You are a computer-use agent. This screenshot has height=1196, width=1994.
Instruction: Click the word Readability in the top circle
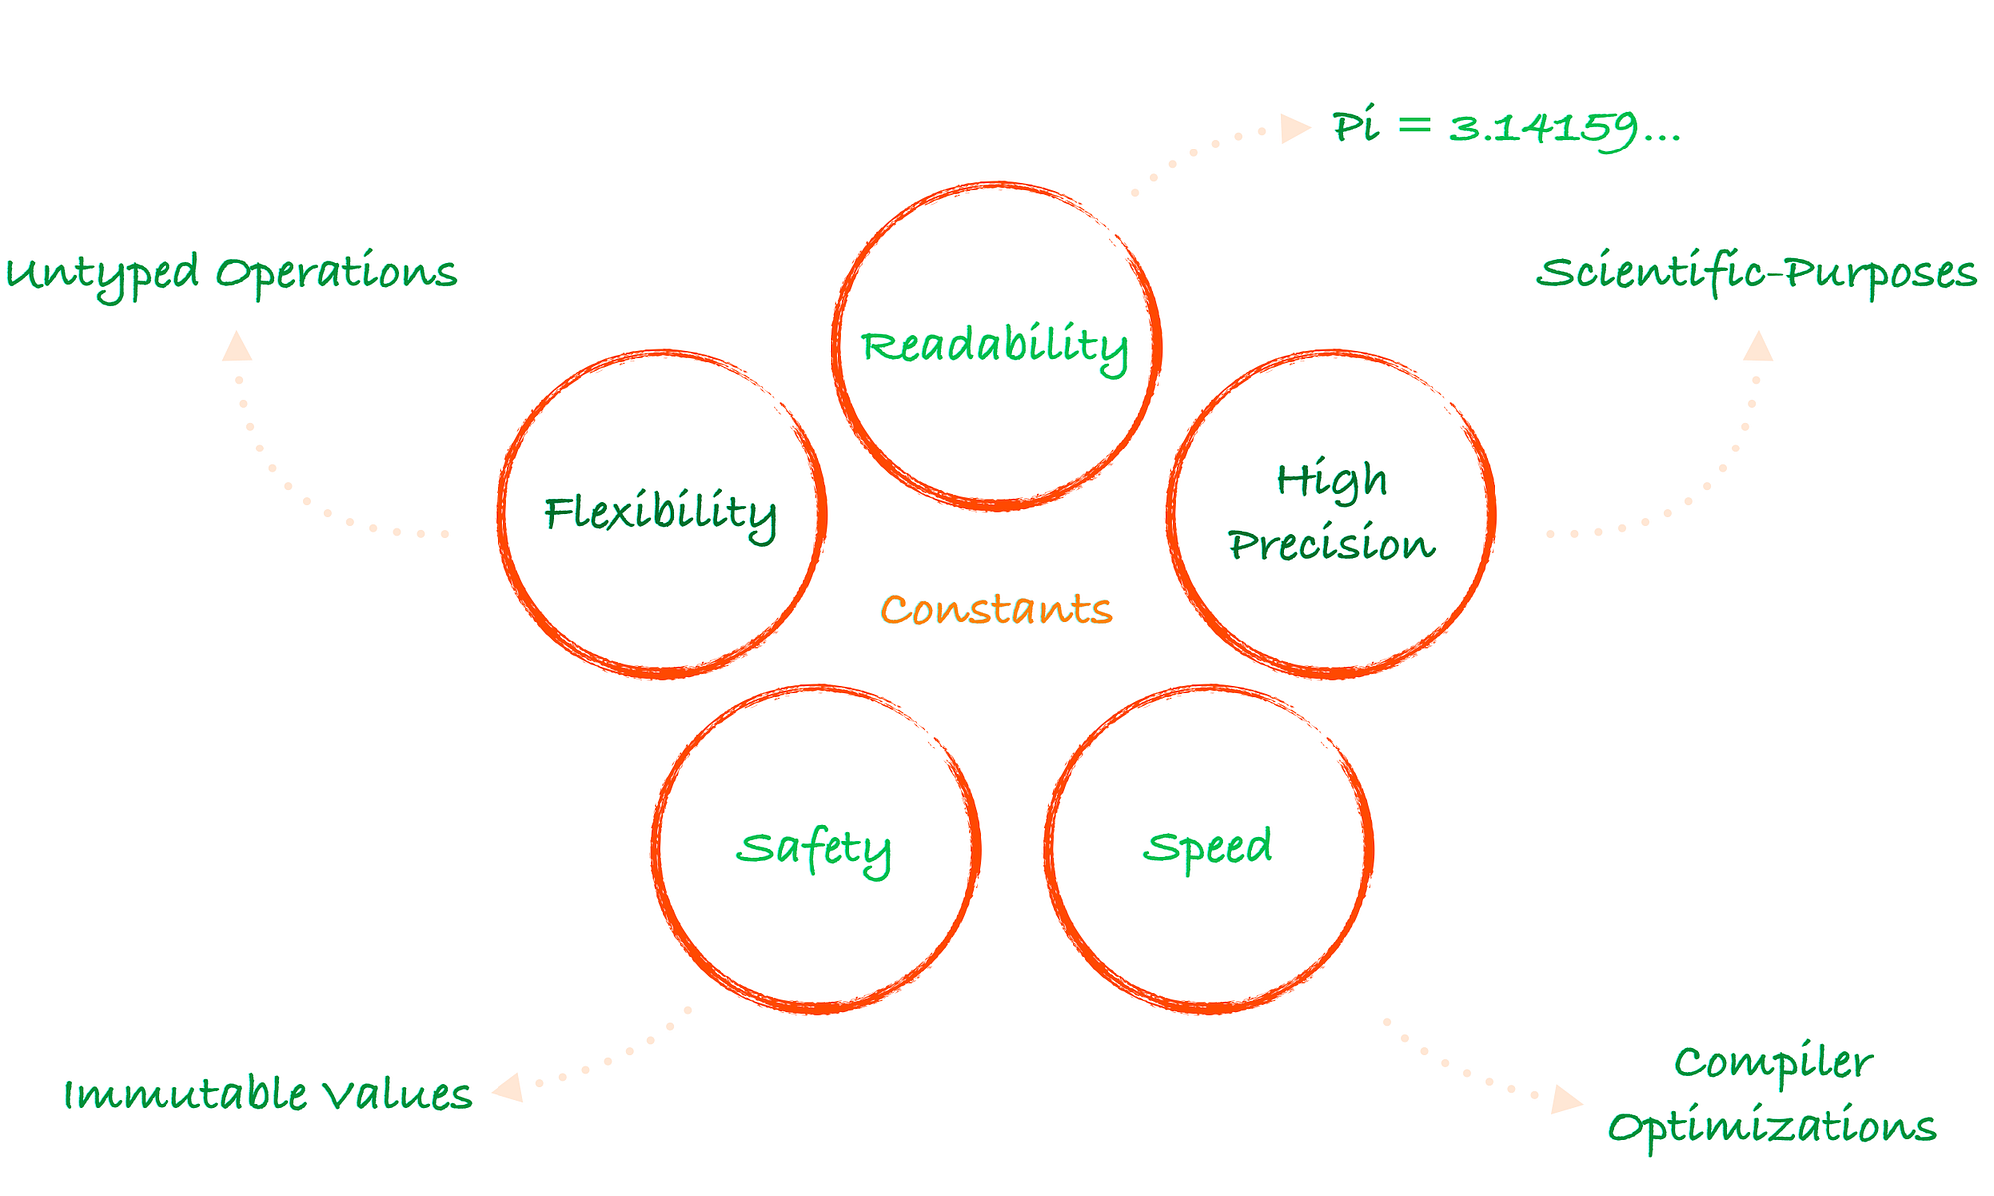[994, 346]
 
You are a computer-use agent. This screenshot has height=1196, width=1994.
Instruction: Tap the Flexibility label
[660, 513]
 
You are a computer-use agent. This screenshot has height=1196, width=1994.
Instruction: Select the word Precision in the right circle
[1331, 545]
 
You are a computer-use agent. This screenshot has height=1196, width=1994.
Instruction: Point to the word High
[1332, 481]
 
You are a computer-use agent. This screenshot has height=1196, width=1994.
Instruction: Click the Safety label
[814, 848]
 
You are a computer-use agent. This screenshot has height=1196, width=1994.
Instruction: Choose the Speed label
[1207, 847]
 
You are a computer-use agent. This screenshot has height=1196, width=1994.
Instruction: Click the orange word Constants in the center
[996, 609]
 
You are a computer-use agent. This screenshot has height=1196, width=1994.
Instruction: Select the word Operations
[337, 272]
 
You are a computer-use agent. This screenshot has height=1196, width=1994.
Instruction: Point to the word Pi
[1356, 127]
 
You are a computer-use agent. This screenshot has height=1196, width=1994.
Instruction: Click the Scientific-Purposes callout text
[1757, 273]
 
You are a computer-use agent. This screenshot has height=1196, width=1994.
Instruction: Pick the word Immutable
[185, 1094]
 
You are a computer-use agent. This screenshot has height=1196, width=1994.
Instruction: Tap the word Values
[397, 1094]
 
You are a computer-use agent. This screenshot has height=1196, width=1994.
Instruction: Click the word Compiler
[1773, 1063]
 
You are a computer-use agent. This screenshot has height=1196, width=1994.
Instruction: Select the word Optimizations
[1772, 1127]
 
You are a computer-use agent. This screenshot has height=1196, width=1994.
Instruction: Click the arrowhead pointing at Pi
[1294, 128]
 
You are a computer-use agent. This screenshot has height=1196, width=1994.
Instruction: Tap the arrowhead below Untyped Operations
[237, 347]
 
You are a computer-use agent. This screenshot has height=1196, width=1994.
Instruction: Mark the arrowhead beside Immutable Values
[508, 1087]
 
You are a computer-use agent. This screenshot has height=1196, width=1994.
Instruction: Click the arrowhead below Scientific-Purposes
[1758, 347]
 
